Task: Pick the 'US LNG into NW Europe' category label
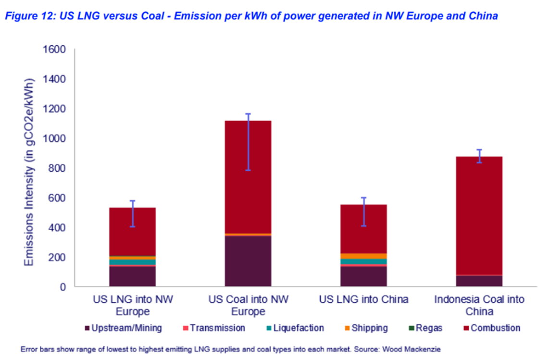tap(133, 305)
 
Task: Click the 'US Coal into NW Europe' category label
tap(248, 305)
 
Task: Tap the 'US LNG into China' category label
tap(363, 299)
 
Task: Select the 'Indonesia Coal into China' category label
tap(479, 305)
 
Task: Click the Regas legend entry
tap(429, 328)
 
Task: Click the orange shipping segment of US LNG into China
tap(363, 256)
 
